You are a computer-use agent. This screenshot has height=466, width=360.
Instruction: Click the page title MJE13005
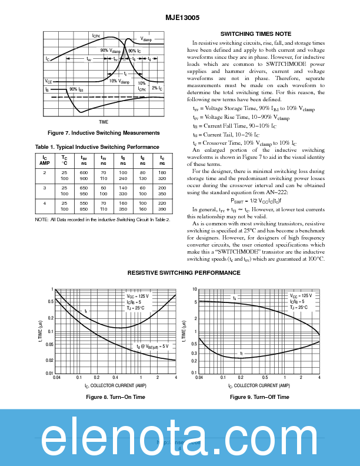[x=179, y=18]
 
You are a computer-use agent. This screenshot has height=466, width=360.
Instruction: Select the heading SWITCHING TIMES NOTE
[x=255, y=34]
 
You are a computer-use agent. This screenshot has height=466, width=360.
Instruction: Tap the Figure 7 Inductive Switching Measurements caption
[x=104, y=132]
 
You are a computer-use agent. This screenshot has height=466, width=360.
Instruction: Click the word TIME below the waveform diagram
[x=104, y=121]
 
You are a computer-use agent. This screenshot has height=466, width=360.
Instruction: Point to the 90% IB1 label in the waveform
[x=76, y=89]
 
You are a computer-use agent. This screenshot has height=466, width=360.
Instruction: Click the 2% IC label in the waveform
[x=157, y=88]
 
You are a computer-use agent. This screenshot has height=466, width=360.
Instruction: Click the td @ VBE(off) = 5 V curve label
[x=152, y=347]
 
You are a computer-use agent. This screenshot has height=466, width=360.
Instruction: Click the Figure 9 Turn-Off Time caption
[x=259, y=397]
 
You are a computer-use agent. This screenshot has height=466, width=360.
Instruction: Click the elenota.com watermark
[x=180, y=438]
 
